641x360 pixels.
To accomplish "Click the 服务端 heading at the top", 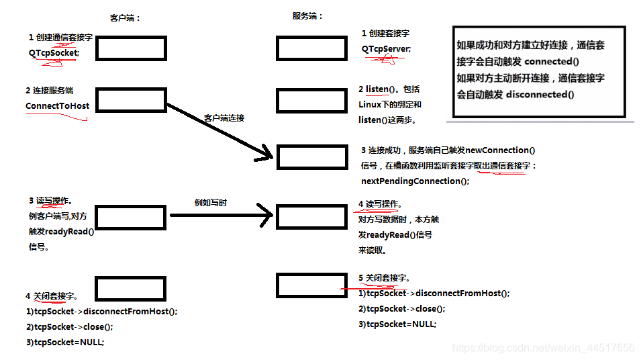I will [x=307, y=15].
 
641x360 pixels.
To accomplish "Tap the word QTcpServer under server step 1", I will [x=386, y=48].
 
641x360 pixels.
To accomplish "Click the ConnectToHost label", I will [x=57, y=105].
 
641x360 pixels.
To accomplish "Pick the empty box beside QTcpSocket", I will [x=131, y=48].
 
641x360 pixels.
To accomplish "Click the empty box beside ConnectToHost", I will [x=131, y=102].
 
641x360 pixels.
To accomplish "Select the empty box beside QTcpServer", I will [x=303, y=48].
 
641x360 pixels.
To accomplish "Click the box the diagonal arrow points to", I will [x=303, y=156].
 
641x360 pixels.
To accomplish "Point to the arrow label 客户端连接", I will [x=224, y=118].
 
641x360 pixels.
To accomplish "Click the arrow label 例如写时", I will [x=210, y=202].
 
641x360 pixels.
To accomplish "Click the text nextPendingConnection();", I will [x=415, y=181].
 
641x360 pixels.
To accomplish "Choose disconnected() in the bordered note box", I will [x=540, y=94].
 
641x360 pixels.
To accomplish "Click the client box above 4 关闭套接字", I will [x=130, y=289].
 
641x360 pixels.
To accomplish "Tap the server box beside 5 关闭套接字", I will [x=303, y=285].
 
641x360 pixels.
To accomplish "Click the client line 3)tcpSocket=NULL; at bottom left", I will [x=65, y=342].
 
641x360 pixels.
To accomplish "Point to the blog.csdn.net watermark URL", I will [x=543, y=348].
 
